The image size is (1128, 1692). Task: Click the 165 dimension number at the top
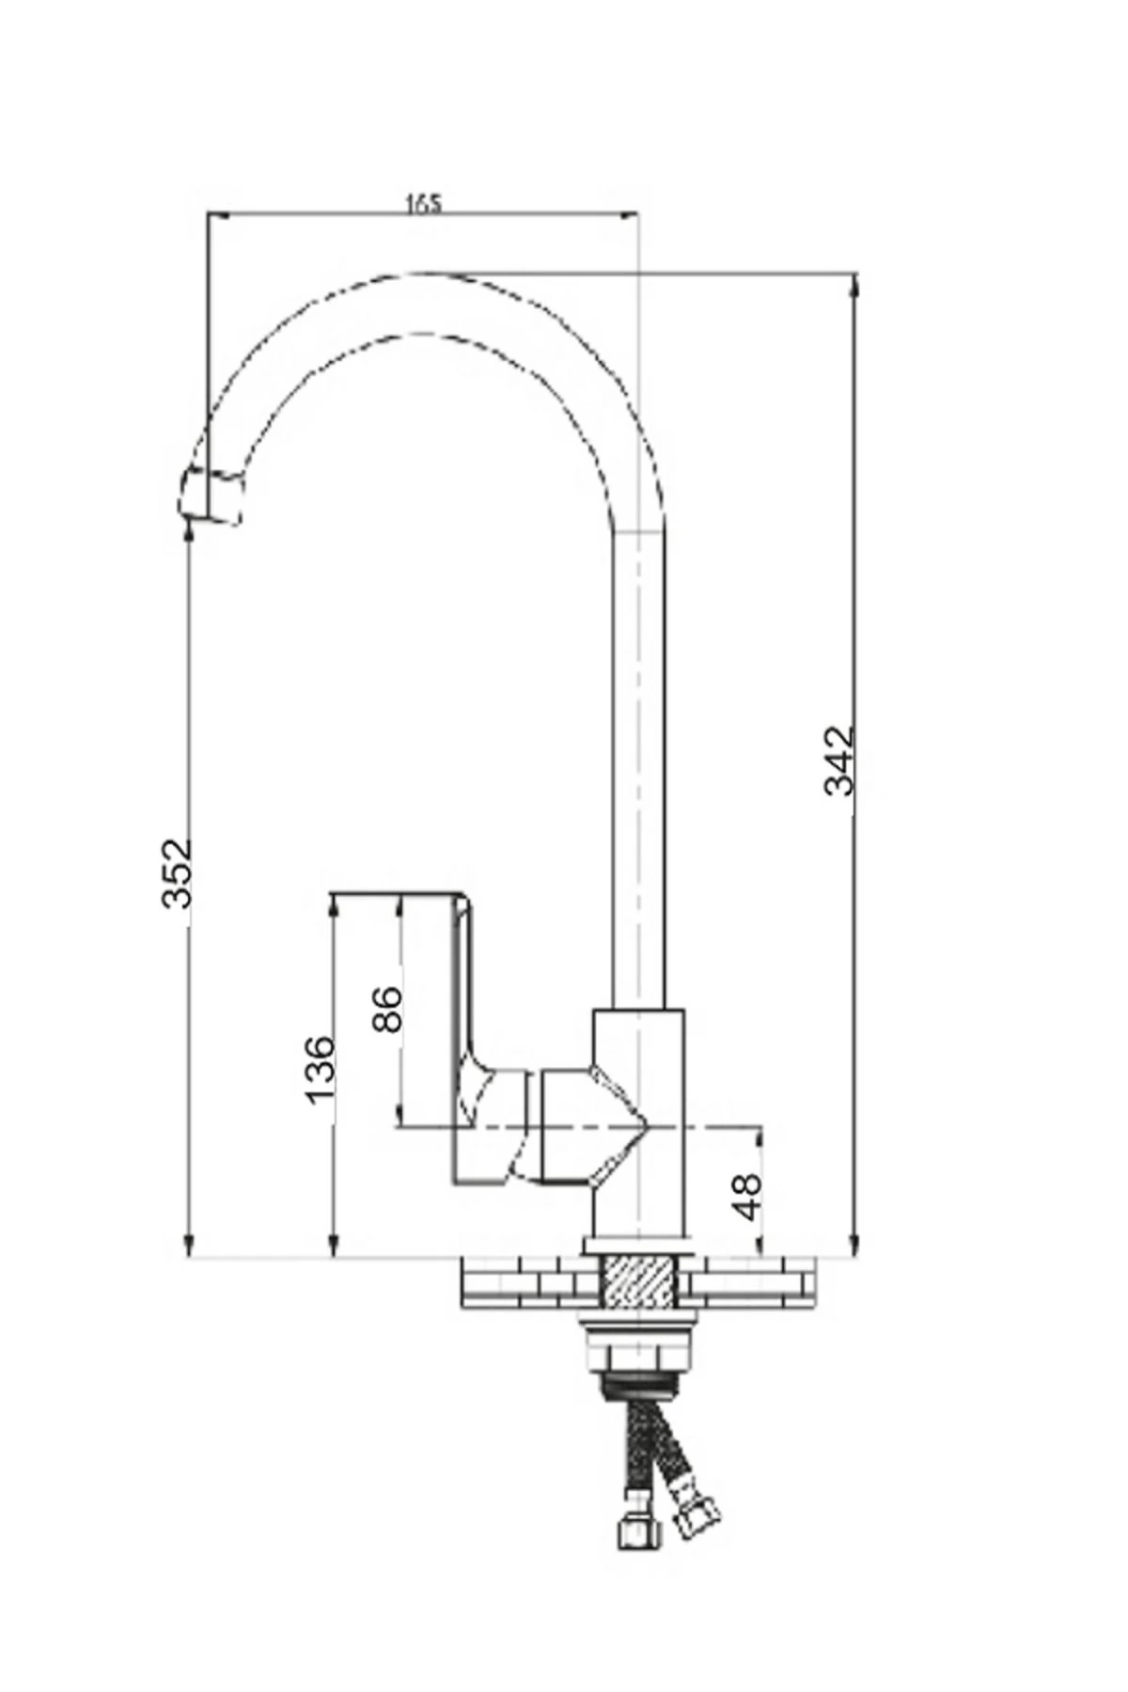click(423, 204)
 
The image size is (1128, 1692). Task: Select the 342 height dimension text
click(839, 760)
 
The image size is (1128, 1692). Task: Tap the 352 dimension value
click(177, 872)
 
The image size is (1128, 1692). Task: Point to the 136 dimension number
click(320, 1070)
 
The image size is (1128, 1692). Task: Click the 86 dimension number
click(387, 1009)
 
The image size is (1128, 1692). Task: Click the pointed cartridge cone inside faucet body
click(620, 1123)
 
